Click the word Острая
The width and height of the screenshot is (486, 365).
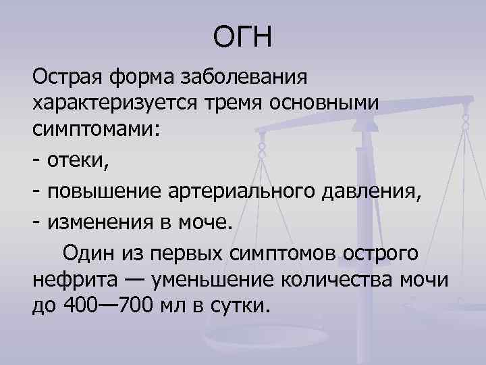click(65, 77)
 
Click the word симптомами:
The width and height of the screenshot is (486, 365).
click(96, 130)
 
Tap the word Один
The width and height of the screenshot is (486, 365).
click(90, 253)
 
